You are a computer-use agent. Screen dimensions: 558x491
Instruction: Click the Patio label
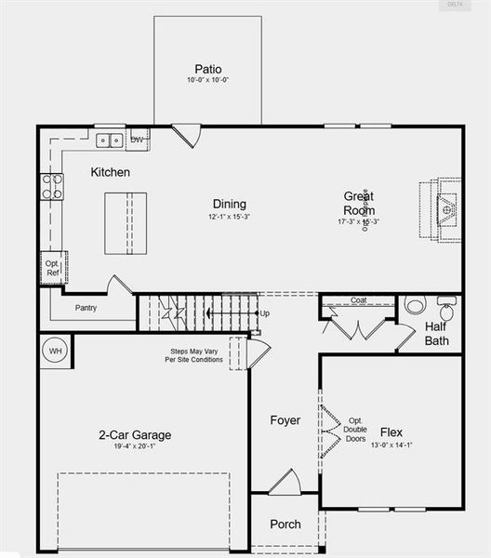point(208,69)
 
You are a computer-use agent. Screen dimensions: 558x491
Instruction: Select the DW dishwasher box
point(138,140)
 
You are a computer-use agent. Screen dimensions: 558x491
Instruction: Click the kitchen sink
point(110,140)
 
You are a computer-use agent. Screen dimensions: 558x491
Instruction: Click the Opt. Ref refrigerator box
point(52,268)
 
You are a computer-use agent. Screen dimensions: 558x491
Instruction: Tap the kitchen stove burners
point(52,186)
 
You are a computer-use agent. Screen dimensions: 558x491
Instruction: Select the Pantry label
point(86,308)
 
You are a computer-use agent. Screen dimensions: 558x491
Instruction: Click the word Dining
point(229,205)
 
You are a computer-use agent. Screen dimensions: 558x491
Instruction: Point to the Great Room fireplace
point(446,210)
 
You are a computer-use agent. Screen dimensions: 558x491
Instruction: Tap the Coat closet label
point(359,300)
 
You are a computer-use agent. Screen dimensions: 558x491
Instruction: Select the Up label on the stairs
point(265,313)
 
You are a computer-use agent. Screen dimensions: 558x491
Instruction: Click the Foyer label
point(285,420)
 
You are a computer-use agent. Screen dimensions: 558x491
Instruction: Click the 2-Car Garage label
point(135,434)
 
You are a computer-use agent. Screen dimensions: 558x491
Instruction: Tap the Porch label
point(285,524)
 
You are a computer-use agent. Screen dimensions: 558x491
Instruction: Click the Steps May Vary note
point(196,355)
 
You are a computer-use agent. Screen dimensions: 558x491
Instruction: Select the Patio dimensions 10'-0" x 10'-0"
point(208,81)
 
